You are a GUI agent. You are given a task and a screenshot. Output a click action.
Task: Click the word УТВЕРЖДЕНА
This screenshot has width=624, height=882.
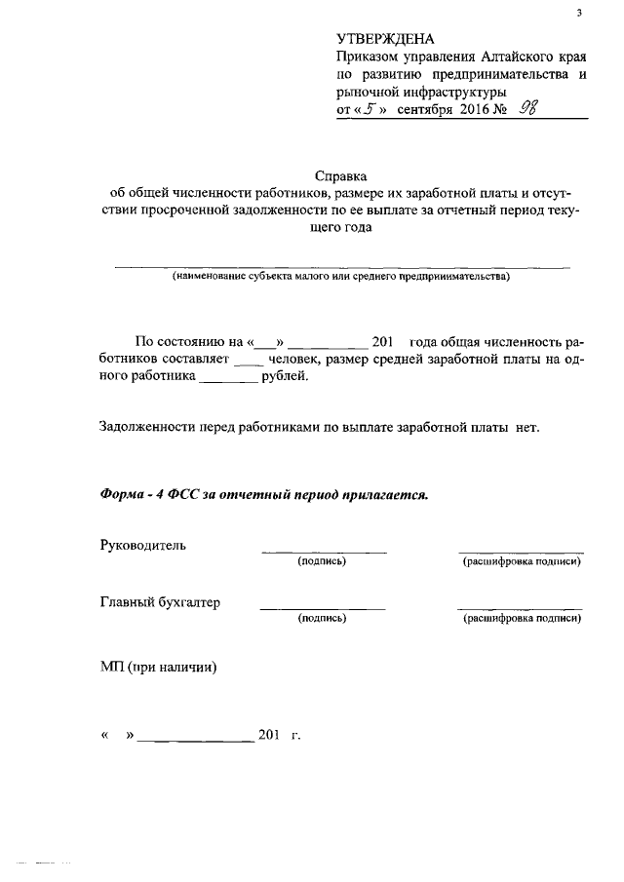pos(385,39)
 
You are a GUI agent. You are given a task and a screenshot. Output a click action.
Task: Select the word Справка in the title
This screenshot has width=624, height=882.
pos(341,176)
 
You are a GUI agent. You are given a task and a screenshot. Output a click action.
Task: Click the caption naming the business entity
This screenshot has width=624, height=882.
pos(341,277)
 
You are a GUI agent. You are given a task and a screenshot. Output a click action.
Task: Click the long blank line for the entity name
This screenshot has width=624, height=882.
pos(341,265)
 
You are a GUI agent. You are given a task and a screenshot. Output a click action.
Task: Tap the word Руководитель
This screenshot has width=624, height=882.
pos(142,545)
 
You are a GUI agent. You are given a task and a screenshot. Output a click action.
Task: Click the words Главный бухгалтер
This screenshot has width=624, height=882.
pos(160,602)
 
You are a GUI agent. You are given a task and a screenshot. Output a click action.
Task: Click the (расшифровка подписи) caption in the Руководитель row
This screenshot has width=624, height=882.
pos(522,561)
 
